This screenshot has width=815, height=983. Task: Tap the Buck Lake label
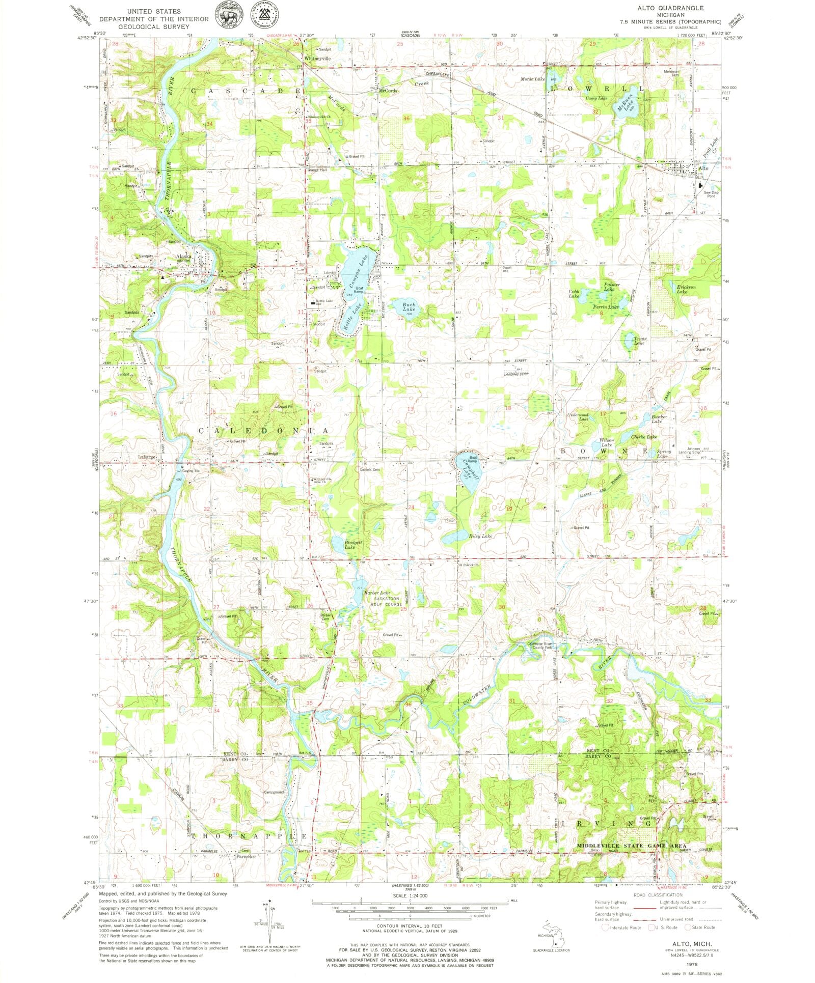tap(409, 307)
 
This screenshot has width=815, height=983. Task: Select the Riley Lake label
tap(480, 536)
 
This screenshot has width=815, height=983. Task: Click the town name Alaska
tap(184, 257)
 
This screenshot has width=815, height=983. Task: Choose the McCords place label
tap(388, 91)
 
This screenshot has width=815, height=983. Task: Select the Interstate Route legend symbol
tap(605, 927)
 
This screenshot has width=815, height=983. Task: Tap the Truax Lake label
tap(639, 341)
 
